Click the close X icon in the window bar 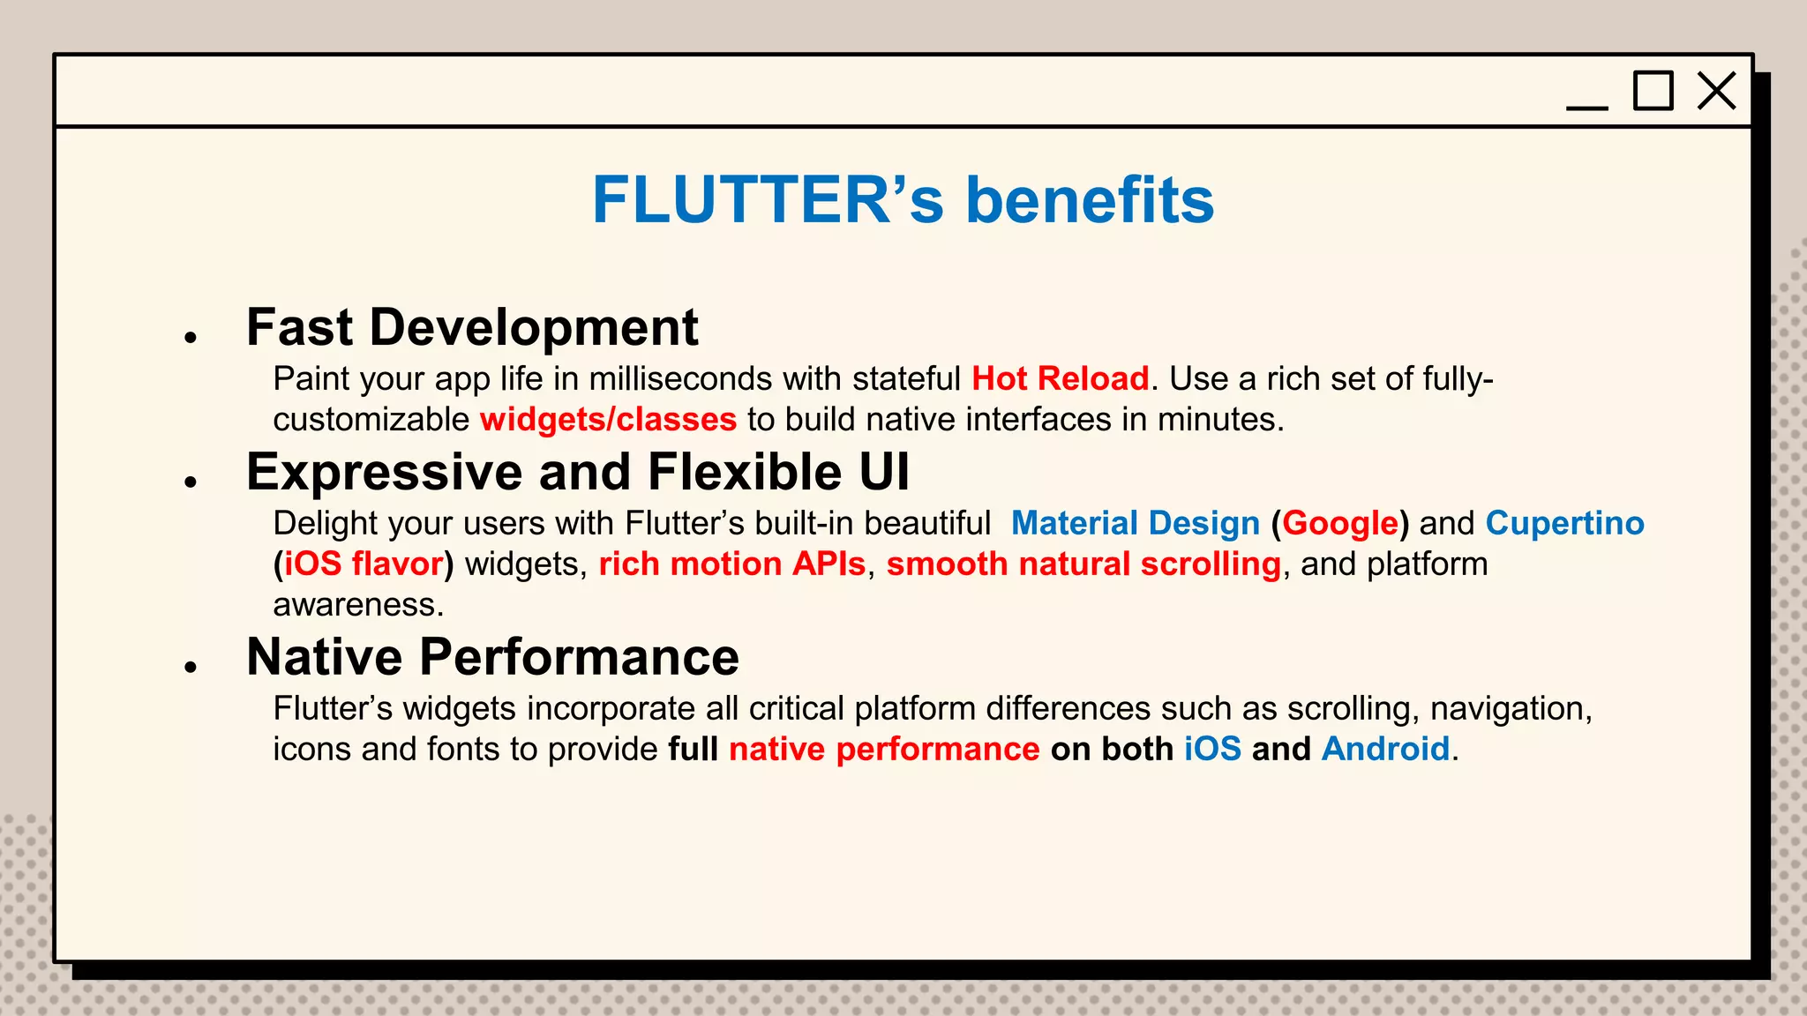point(1716,91)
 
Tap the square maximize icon point(1653,91)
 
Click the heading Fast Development point(472,328)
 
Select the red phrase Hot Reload point(1060,379)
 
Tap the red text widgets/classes point(608,420)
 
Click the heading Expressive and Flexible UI point(577,472)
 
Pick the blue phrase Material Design point(1135,524)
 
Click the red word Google point(1340,524)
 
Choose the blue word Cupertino point(1564,524)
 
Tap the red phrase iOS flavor point(364,564)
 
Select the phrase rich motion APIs point(732,564)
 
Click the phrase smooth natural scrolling point(1083,564)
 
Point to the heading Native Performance point(492,657)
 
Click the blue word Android point(1385,750)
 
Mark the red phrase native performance point(884,750)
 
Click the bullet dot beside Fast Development point(190,337)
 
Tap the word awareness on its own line point(357,605)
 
